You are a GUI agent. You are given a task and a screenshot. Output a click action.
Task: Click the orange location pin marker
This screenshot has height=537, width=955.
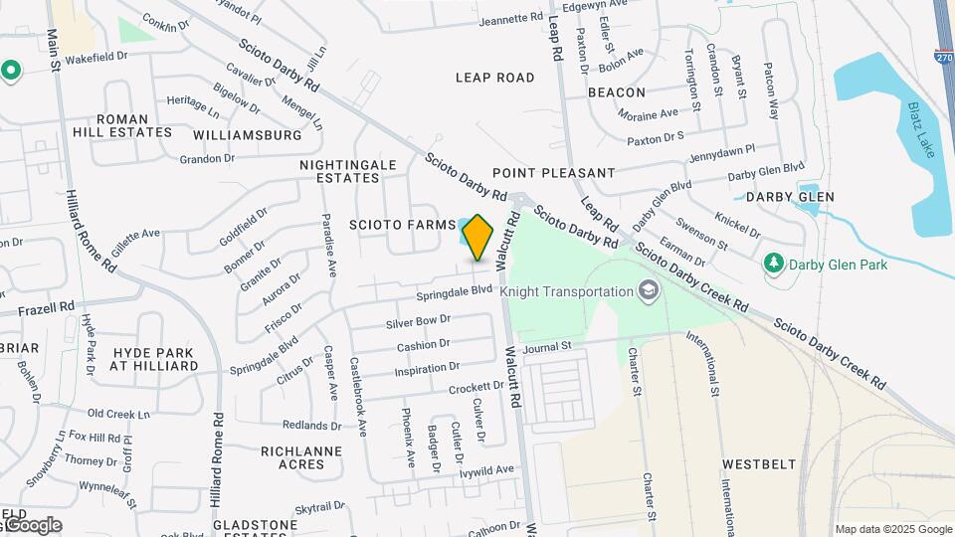click(x=478, y=237)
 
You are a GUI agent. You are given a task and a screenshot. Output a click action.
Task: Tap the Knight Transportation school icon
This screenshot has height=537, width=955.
click(x=649, y=290)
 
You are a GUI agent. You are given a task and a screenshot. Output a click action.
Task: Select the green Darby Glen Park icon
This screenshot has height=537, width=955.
click(x=774, y=264)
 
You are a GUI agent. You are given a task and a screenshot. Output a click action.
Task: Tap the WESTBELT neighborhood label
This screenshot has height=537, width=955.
click(x=759, y=463)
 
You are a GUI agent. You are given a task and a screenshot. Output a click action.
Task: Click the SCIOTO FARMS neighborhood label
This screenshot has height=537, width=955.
click(x=402, y=225)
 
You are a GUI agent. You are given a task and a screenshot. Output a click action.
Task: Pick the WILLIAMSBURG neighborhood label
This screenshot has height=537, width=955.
click(x=248, y=134)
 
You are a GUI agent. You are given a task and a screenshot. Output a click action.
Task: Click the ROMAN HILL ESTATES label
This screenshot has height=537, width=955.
click(x=121, y=125)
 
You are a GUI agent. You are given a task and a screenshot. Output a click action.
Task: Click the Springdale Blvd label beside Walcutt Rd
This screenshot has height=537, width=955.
click(x=455, y=290)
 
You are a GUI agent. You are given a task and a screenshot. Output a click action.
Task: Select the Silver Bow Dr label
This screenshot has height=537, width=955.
click(x=419, y=320)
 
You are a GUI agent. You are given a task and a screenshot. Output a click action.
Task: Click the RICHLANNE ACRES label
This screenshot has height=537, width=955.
click(x=300, y=457)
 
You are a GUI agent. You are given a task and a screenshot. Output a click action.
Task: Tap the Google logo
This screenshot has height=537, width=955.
click(x=33, y=525)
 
